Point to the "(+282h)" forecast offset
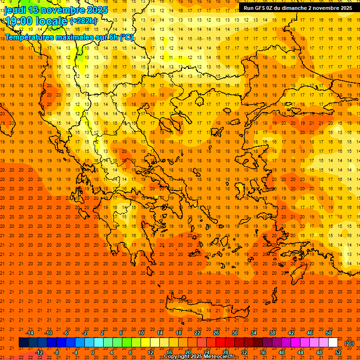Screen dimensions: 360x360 (x=83, y=21)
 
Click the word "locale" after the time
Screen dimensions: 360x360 (x=52, y=21)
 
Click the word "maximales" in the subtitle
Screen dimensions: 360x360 (x=81, y=37)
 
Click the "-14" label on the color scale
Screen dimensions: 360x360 (x=30, y=333)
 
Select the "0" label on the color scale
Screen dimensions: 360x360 (x=93, y=352)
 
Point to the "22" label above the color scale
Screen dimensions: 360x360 (x=197, y=333)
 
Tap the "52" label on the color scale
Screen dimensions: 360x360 (x=338, y=352)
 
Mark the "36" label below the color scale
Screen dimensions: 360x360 (x=263, y=352)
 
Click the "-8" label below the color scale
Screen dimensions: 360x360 (x=57, y=352)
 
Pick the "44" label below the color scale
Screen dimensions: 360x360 (x=300, y=352)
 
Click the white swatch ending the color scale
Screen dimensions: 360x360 (x=333, y=343)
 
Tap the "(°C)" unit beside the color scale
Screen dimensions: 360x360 (x=349, y=343)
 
